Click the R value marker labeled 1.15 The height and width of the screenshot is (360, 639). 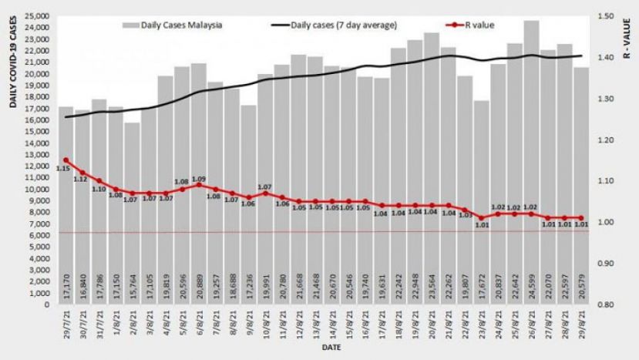click(66, 160)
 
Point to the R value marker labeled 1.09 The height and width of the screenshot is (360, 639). click(199, 185)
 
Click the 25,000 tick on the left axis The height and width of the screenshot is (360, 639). click(37, 15)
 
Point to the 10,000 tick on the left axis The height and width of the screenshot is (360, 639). click(37, 189)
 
